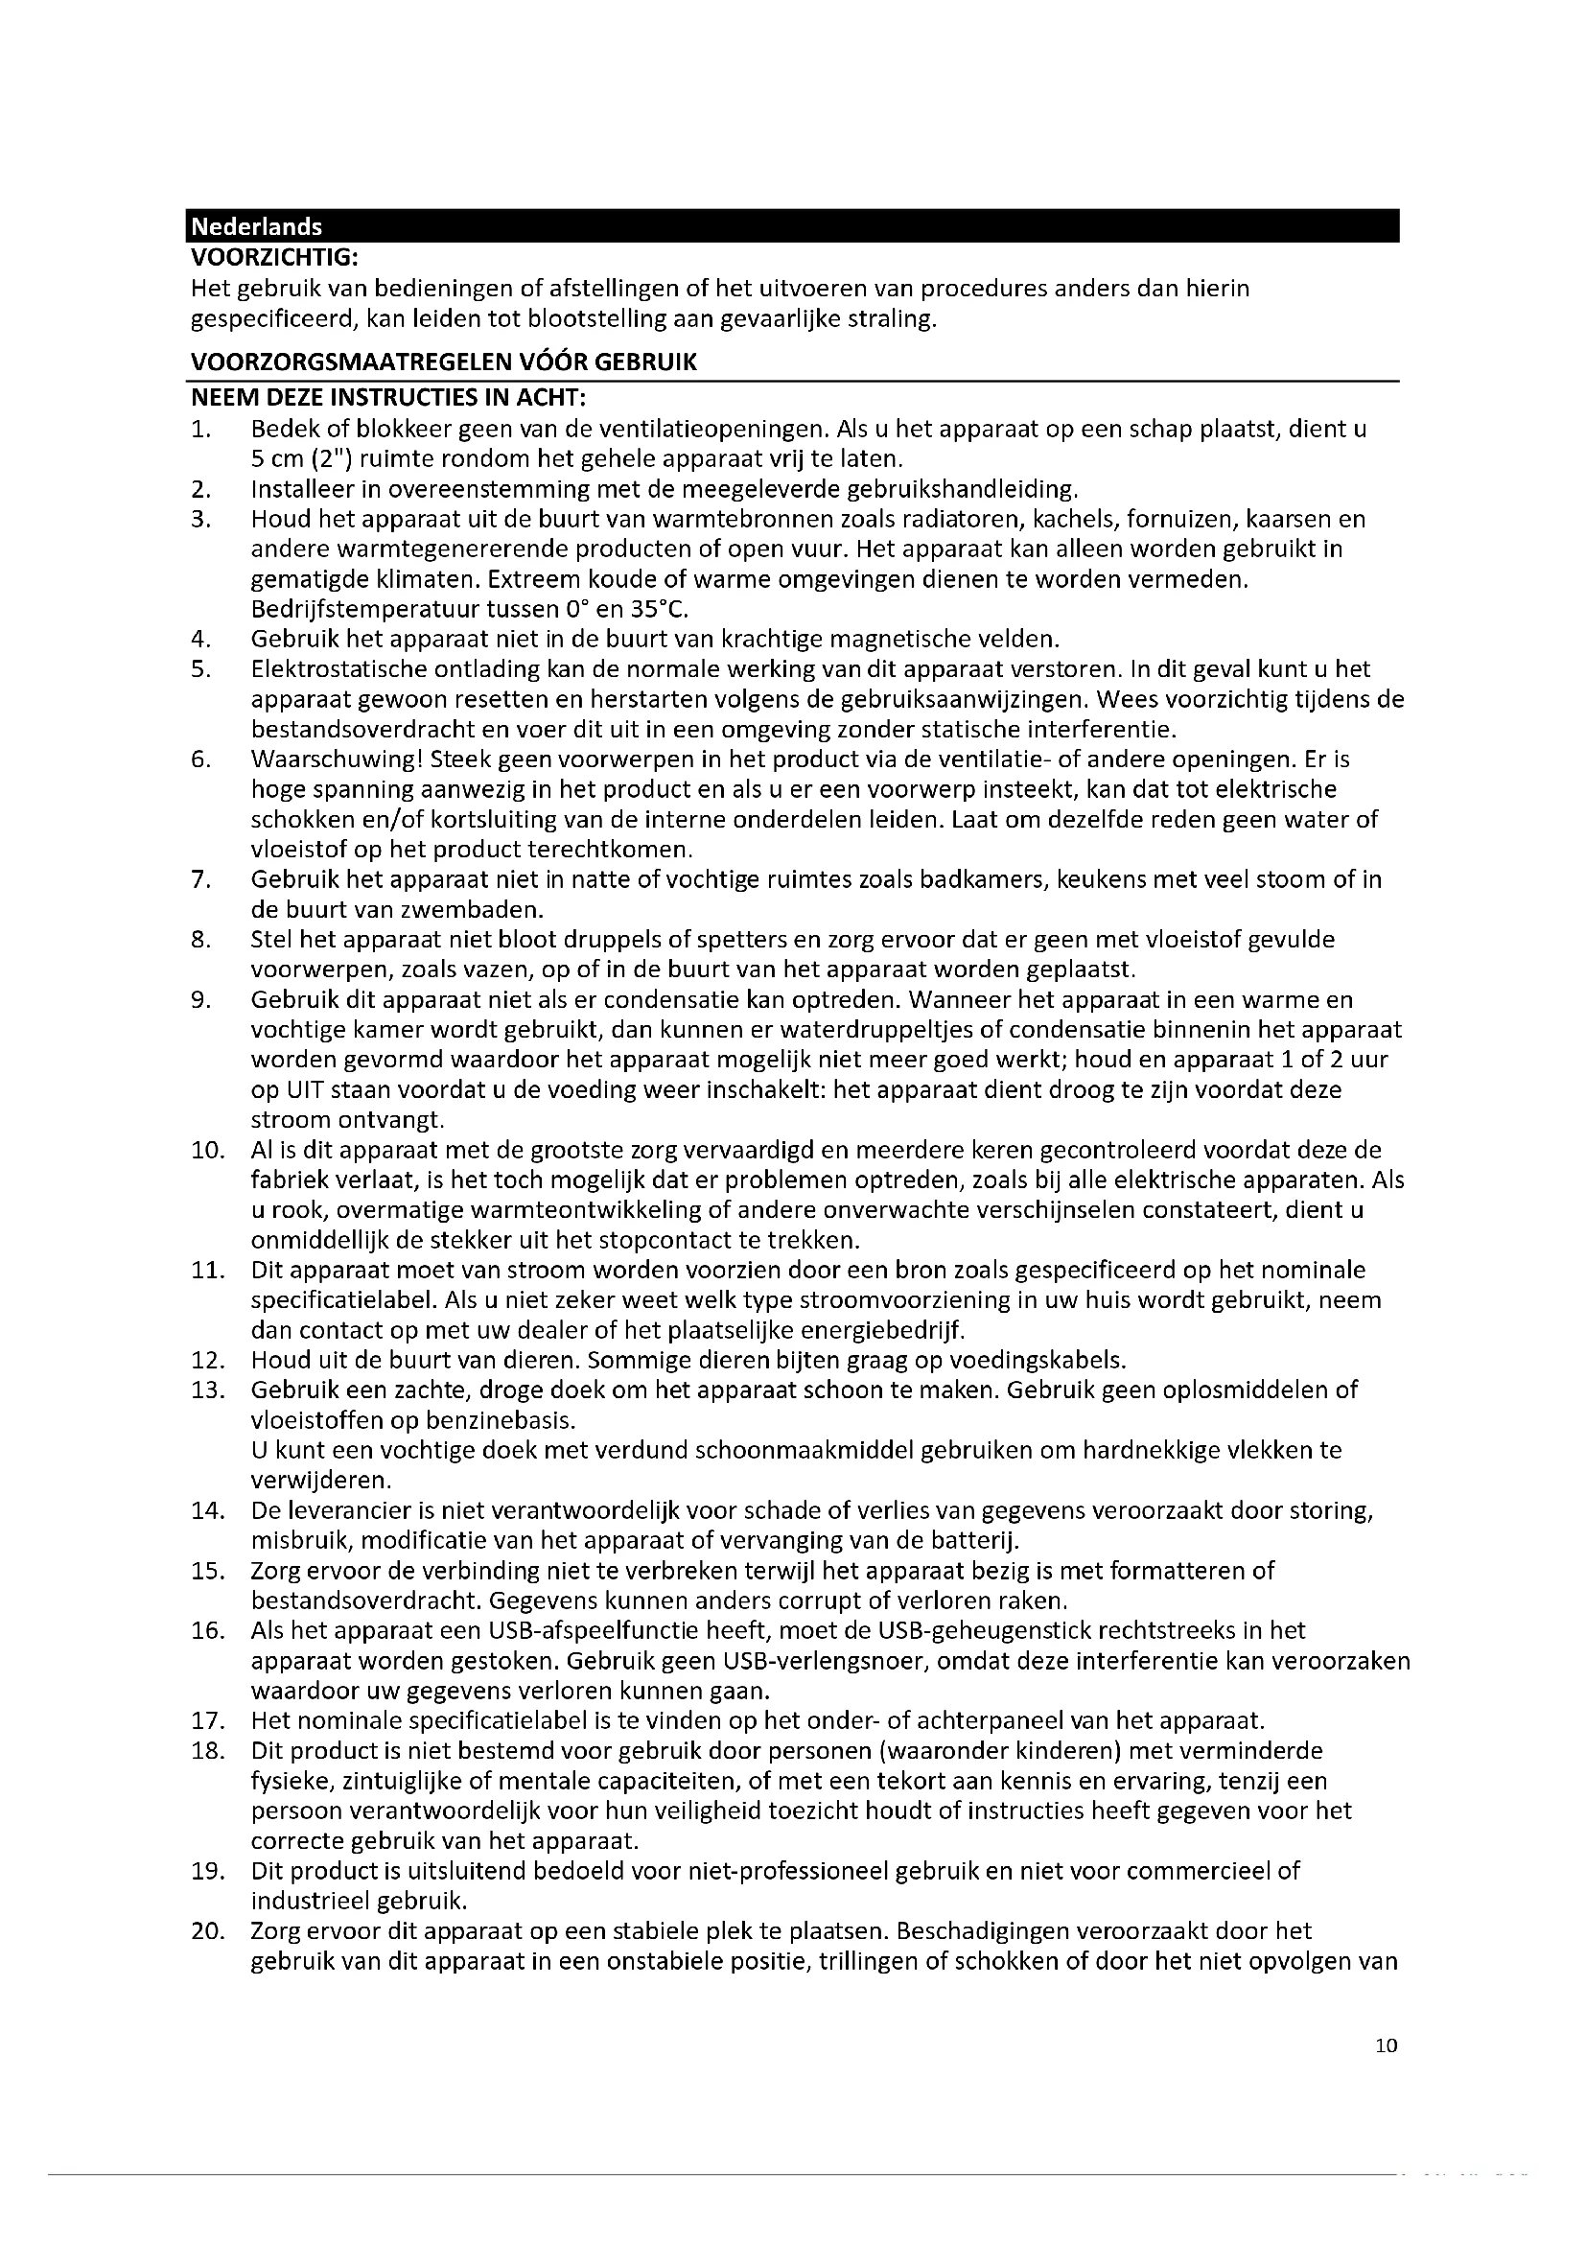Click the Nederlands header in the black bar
[256, 226]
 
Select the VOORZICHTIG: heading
[274, 258]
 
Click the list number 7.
[201, 879]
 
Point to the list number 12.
[208, 1360]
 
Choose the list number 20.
[208, 1930]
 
